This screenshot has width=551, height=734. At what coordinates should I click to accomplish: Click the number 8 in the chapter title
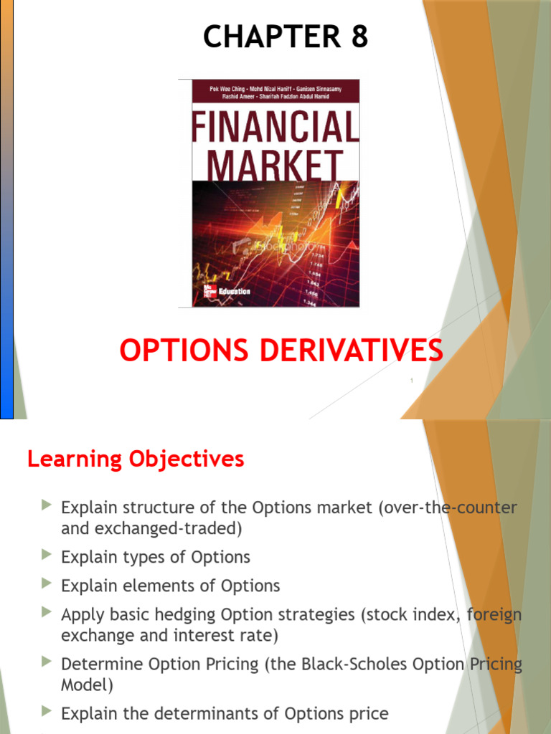point(359,37)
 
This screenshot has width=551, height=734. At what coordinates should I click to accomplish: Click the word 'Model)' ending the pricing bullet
point(87,685)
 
